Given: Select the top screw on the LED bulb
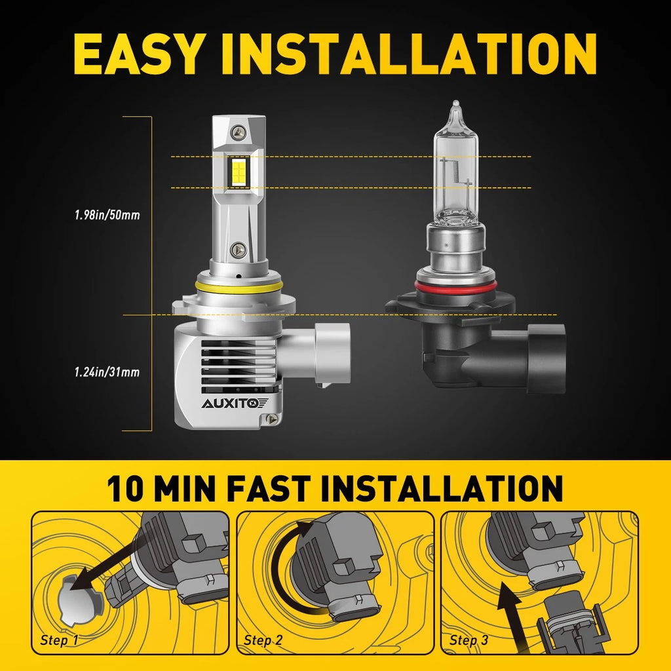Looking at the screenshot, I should pos(240,131).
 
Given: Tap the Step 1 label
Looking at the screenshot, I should pos(59,640).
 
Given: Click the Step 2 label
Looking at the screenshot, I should pos(263,640).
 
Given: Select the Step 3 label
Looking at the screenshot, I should pos(469,640).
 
